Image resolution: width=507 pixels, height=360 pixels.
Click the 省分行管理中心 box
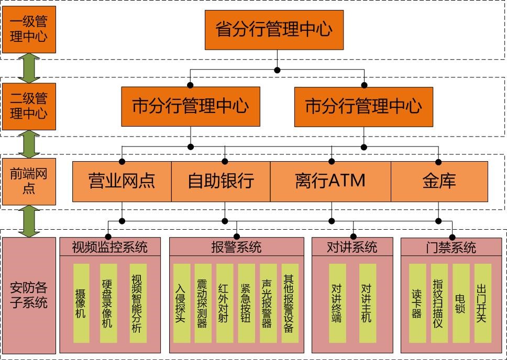[274, 29]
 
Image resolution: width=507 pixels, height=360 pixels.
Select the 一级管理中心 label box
[28, 29]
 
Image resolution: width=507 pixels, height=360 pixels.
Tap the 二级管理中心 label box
[28, 106]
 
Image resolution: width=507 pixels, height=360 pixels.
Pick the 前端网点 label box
[28, 181]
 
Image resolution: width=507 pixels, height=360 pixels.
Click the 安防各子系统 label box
[29, 295]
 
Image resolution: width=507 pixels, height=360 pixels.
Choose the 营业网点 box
[122, 181]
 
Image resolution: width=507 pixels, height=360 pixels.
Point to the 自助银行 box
[221, 181]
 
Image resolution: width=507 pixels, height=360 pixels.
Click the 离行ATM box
[330, 181]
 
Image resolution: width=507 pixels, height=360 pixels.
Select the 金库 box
[439, 181]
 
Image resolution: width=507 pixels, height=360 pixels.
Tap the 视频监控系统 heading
[109, 247]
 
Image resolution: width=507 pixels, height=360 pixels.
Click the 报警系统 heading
[236, 247]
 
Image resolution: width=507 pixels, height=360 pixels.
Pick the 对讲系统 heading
[352, 247]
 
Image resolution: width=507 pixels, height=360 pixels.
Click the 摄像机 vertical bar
[81, 303]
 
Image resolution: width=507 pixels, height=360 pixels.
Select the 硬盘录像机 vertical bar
[107, 303]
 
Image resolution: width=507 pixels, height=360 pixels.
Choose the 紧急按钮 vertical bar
[246, 303]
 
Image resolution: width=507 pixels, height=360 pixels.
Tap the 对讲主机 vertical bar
[367, 303]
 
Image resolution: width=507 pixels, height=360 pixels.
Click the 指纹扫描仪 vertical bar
[438, 303]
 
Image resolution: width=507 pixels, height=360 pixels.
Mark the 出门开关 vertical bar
[482, 303]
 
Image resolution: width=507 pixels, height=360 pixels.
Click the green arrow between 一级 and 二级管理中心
[29, 67]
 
